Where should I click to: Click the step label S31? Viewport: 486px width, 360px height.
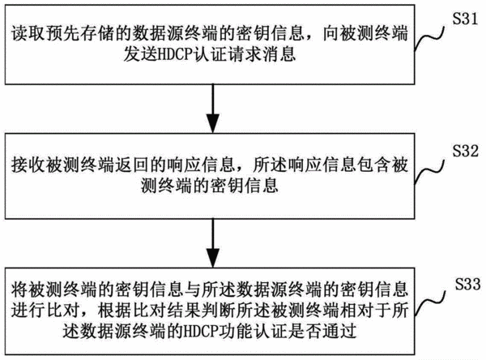(x=465, y=19)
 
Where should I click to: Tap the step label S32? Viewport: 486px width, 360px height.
(x=465, y=151)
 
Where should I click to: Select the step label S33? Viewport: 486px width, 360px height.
(x=467, y=284)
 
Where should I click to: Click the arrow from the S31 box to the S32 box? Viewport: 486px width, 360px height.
(x=213, y=109)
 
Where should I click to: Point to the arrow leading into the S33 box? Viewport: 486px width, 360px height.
(x=213, y=243)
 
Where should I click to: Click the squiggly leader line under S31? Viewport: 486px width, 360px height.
(x=429, y=38)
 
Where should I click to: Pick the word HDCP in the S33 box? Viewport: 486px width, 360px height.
(x=202, y=331)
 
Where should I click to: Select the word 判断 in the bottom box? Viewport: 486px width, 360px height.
(x=219, y=310)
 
